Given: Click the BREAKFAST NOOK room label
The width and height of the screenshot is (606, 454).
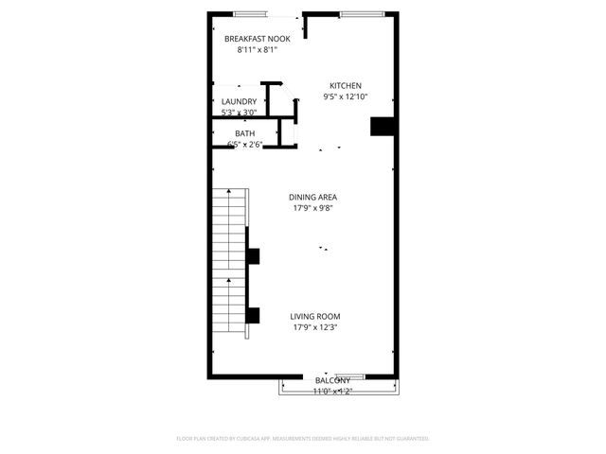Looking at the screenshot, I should pos(257,39).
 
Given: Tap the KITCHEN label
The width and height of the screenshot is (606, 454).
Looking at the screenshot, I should pos(345,85).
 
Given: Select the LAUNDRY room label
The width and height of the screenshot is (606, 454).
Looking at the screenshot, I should pos(239,102).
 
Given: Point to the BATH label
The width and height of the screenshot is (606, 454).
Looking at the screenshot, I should pos(244,133).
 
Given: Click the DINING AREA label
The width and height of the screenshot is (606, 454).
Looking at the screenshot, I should pos(313,197).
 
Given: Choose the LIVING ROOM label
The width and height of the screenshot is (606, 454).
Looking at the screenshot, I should pos(314,316).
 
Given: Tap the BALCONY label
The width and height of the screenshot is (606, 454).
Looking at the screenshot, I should pos(332,380).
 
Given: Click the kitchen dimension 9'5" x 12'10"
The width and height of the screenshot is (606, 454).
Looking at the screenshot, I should pos(345,96).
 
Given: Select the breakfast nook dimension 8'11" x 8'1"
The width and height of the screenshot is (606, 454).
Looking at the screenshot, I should pos(257,50).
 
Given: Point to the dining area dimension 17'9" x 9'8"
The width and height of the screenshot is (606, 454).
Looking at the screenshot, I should pos(313,208).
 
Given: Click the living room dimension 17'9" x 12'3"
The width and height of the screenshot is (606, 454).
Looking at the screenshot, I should pos(314,327).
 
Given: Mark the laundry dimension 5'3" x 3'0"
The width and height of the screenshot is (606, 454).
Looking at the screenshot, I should pos(239,113).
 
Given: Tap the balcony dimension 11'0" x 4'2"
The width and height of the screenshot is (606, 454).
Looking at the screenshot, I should pos(332,391).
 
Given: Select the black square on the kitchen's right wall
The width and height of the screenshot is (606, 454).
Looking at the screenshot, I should pos(382,127).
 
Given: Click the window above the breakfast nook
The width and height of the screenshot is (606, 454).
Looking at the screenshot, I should pos(250,13).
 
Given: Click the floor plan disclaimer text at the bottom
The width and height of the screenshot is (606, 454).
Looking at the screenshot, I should pos(303,439).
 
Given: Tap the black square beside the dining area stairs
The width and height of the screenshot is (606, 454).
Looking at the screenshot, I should pos(253,255).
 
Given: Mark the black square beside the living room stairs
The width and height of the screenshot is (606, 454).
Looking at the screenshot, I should pos(253,315).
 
